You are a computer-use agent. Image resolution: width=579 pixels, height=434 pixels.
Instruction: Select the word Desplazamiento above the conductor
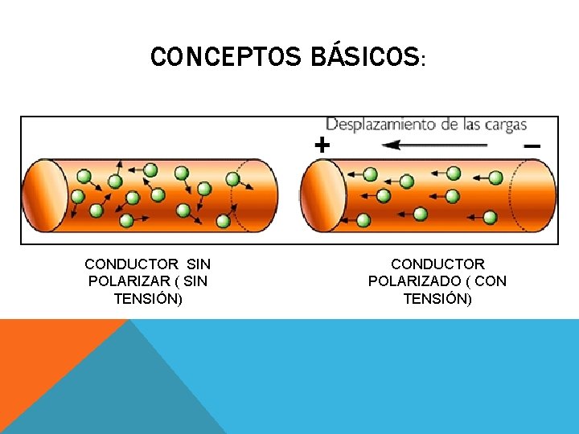coord(375,125)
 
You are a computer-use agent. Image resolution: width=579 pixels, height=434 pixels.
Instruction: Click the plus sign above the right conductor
coord(321,145)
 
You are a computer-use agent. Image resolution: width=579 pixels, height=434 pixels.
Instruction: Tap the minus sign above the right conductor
coord(532,146)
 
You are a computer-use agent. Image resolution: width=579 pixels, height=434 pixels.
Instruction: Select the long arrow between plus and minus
coord(434,145)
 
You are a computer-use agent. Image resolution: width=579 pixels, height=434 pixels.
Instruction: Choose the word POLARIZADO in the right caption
coord(409,281)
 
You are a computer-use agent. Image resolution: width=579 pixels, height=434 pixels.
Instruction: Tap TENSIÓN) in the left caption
coord(148,299)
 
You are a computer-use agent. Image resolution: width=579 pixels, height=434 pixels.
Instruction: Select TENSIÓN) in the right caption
coord(437,299)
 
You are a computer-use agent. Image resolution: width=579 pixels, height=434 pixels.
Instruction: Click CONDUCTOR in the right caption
coord(437,264)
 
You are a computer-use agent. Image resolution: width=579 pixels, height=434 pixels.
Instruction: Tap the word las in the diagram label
coord(470,125)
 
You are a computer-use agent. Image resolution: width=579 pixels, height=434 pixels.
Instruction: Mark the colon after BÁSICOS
coord(423,61)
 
